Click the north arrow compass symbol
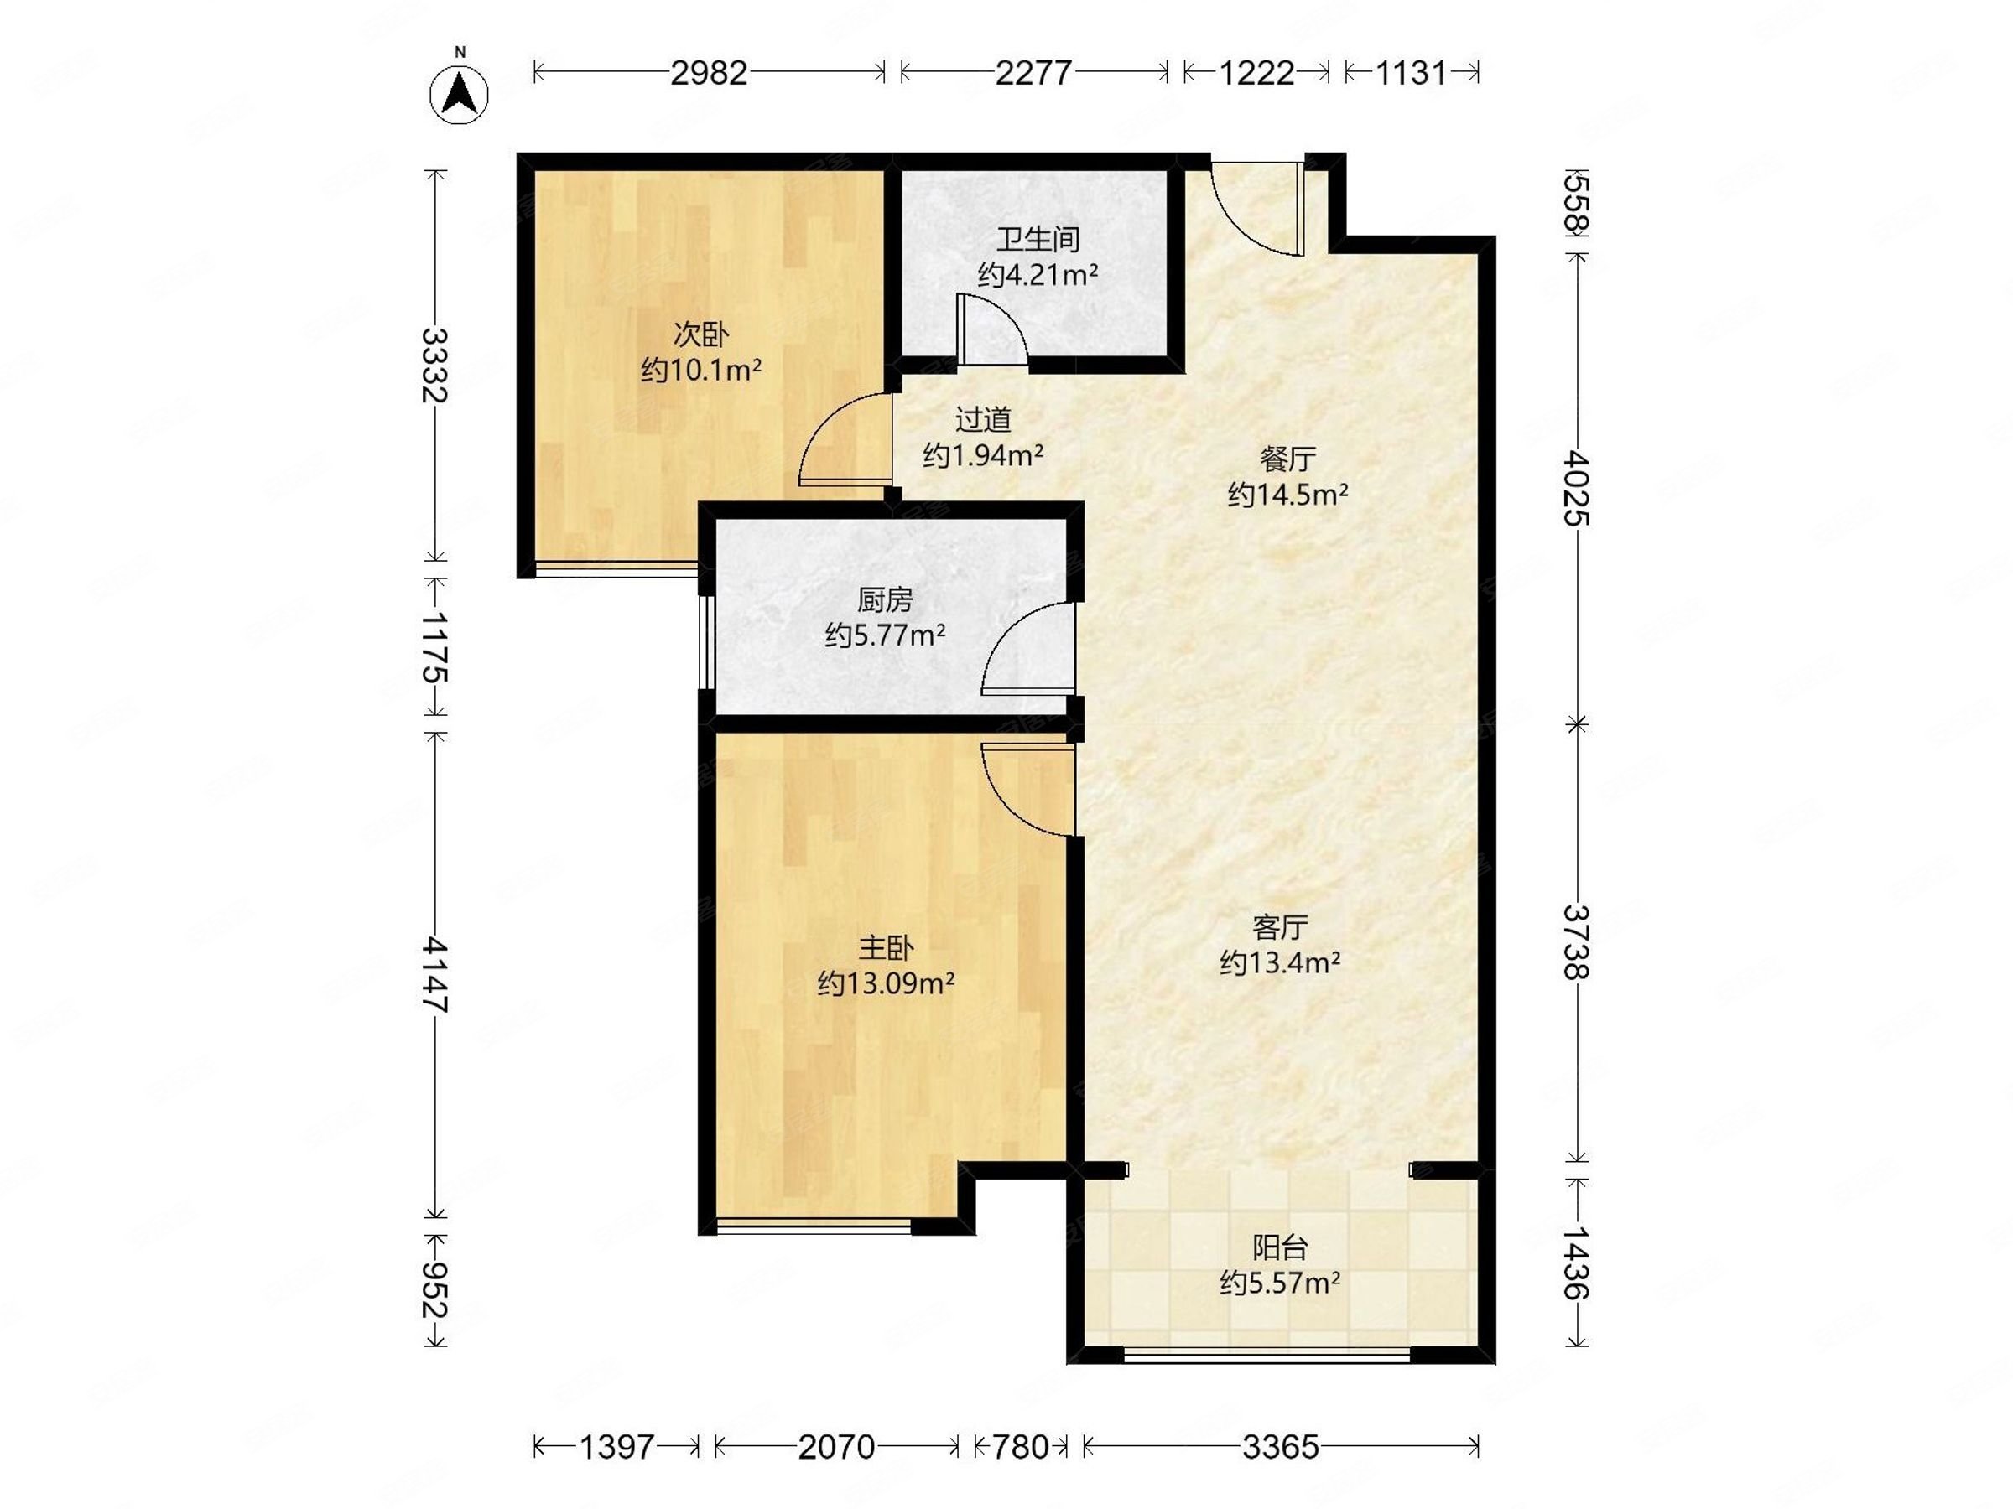tap(459, 94)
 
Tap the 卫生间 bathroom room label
tap(1038, 240)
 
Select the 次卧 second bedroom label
tap(700, 334)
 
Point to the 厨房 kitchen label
tap(885, 600)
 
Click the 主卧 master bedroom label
tap(886, 949)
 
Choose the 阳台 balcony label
tap(1279, 1247)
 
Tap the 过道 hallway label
tap(983, 420)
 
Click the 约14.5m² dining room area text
tap(1287, 495)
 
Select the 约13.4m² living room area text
tap(1279, 962)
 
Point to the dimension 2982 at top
tap(709, 73)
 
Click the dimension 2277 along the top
tap(1033, 73)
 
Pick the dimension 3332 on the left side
tap(436, 365)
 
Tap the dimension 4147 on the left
tap(436, 974)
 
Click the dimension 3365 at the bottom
tap(1281, 1447)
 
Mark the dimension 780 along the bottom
tap(1020, 1447)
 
